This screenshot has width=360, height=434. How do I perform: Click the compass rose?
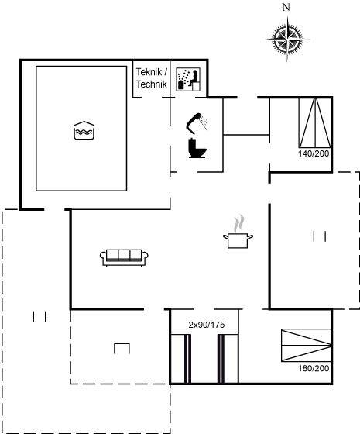coord(287,39)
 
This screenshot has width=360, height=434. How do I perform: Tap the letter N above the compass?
coord(286,7)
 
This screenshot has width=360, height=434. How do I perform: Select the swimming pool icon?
coord(84,130)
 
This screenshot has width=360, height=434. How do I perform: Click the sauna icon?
coord(188,79)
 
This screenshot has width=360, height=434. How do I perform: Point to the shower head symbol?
coord(197,123)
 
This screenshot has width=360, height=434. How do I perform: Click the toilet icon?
coord(197,148)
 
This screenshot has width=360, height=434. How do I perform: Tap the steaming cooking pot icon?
coord(238,232)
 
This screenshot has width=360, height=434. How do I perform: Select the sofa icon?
coord(124,257)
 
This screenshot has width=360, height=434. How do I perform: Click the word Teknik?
coord(149,72)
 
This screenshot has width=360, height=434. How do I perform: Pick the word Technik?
coord(152,84)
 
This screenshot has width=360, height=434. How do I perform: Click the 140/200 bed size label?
coord(314,153)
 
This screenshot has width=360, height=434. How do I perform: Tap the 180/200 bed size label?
coord(314,368)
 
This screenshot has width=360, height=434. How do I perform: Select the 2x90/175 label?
coord(207,325)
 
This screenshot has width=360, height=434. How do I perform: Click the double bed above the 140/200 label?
coord(315,122)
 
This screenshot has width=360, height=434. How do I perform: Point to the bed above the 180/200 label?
coord(306,345)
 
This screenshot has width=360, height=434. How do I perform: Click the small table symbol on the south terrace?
coord(122,349)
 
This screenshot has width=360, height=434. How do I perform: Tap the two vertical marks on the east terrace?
coord(319,236)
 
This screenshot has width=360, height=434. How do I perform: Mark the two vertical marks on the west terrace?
coord(39,316)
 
